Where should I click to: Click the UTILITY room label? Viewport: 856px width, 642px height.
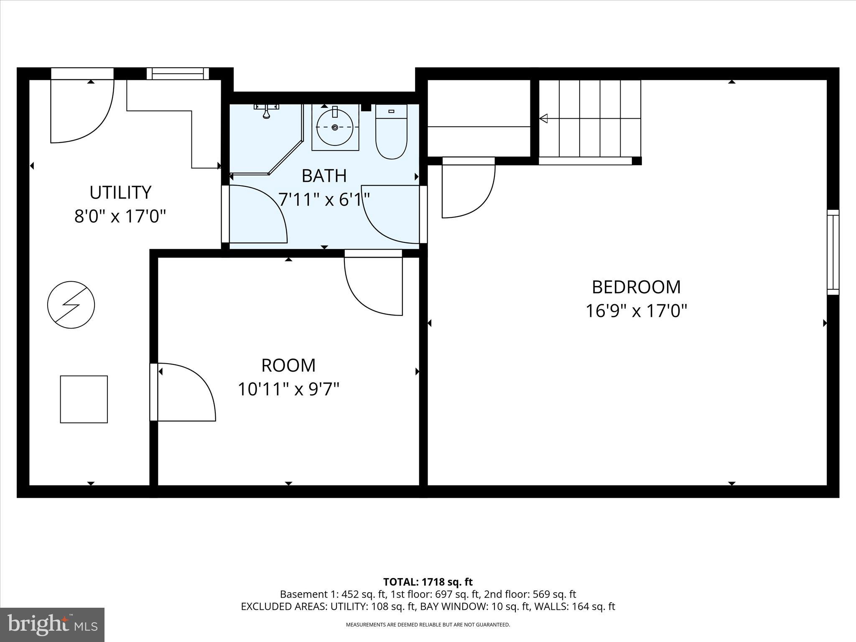(120, 192)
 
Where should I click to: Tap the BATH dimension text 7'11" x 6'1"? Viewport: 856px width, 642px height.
(324, 199)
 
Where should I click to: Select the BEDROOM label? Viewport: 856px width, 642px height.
(636, 287)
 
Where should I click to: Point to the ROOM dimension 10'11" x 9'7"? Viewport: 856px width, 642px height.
(288, 389)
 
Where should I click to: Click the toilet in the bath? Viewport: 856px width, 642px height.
(391, 132)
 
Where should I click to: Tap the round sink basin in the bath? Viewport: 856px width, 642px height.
(335, 127)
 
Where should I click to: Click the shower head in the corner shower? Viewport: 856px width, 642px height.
(266, 111)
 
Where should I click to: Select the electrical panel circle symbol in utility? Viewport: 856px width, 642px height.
(71, 305)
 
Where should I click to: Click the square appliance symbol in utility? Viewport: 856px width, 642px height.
(84, 399)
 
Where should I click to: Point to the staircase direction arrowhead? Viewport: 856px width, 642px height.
(543, 119)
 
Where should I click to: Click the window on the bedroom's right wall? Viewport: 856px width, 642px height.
(833, 252)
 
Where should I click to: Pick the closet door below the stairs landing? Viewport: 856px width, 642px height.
(468, 188)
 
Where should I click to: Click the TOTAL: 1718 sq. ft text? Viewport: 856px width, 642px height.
(428, 582)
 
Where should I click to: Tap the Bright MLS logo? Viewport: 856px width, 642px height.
(52, 625)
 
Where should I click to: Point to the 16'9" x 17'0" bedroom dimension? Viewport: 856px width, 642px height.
(636, 311)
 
